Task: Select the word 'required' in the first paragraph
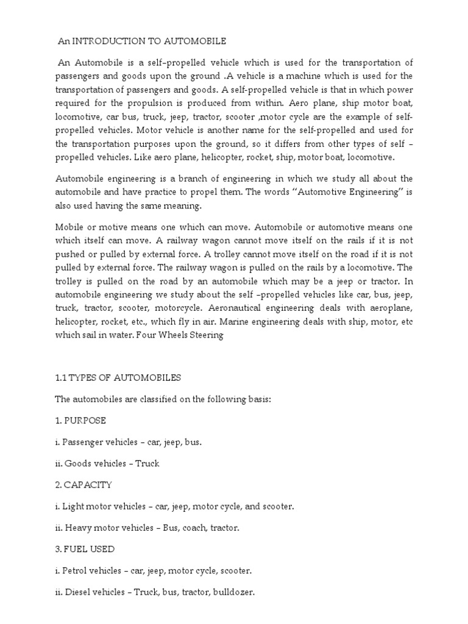[x=74, y=102]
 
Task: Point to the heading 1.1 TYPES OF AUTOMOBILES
[x=118, y=378]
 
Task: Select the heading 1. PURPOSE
[x=80, y=420]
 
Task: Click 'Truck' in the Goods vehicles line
[x=147, y=463]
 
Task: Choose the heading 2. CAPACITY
[x=83, y=484]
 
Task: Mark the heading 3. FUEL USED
[x=85, y=549]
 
